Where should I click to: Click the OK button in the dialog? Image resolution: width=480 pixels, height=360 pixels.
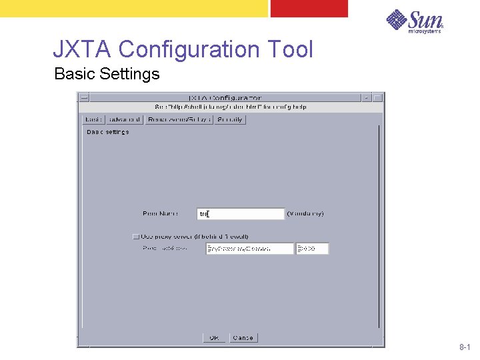pyautogui.click(x=213, y=338)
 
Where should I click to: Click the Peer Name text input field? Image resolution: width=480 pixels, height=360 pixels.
pyautogui.click(x=241, y=214)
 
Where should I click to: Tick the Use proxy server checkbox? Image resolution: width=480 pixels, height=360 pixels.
pyautogui.click(x=136, y=237)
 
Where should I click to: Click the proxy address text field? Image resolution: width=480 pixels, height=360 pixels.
pyautogui.click(x=250, y=249)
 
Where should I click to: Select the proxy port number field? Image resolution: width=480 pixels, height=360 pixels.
pyautogui.click(x=313, y=249)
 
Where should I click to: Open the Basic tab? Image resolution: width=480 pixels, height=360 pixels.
pyautogui.click(x=94, y=119)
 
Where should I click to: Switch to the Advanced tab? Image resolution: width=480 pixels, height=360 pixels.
pyautogui.click(x=125, y=119)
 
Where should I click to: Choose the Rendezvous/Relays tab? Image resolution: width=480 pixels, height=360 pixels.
pyautogui.click(x=179, y=119)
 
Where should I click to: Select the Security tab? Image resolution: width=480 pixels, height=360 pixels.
pyautogui.click(x=231, y=119)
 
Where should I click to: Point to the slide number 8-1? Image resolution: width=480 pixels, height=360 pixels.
pyautogui.click(x=465, y=348)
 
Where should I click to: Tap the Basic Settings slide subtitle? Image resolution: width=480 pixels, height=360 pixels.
pyautogui.click(x=107, y=74)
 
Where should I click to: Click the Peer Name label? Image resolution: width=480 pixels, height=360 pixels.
pyautogui.click(x=160, y=214)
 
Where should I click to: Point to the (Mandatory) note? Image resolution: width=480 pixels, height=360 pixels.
pyautogui.click(x=305, y=214)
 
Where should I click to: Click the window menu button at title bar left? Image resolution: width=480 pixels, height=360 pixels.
pyautogui.click(x=83, y=98)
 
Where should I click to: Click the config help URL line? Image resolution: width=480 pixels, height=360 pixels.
pyautogui.click(x=230, y=107)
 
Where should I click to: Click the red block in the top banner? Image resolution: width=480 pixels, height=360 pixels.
pyautogui.click(x=309, y=8)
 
